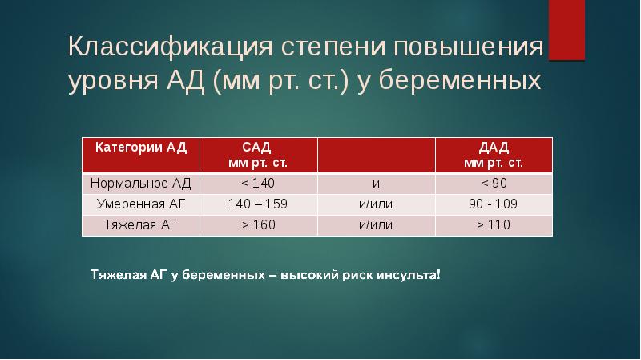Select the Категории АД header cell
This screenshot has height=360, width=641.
coord(141,154)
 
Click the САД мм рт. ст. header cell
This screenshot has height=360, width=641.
coord(258,154)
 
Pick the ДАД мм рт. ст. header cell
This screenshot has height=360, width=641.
coord(494,154)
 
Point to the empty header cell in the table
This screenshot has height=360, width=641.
coord(376,154)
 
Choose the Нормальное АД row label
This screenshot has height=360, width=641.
coord(141,183)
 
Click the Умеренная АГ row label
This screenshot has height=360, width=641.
coord(141,204)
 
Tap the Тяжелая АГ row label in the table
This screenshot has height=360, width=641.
coord(141,224)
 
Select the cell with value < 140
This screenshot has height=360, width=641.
coord(258,183)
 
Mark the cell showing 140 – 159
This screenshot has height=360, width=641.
coord(258,204)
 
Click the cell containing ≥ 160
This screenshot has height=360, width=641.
coord(258,224)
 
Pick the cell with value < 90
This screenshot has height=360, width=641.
coord(494,183)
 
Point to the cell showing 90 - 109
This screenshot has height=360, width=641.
coord(494,204)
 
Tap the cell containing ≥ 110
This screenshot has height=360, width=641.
coord(494,224)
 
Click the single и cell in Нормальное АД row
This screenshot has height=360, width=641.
coord(376,183)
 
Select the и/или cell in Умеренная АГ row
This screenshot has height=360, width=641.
coord(376,204)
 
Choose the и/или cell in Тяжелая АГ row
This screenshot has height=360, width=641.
coord(376,224)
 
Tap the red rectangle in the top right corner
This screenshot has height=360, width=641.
coord(566,30)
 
